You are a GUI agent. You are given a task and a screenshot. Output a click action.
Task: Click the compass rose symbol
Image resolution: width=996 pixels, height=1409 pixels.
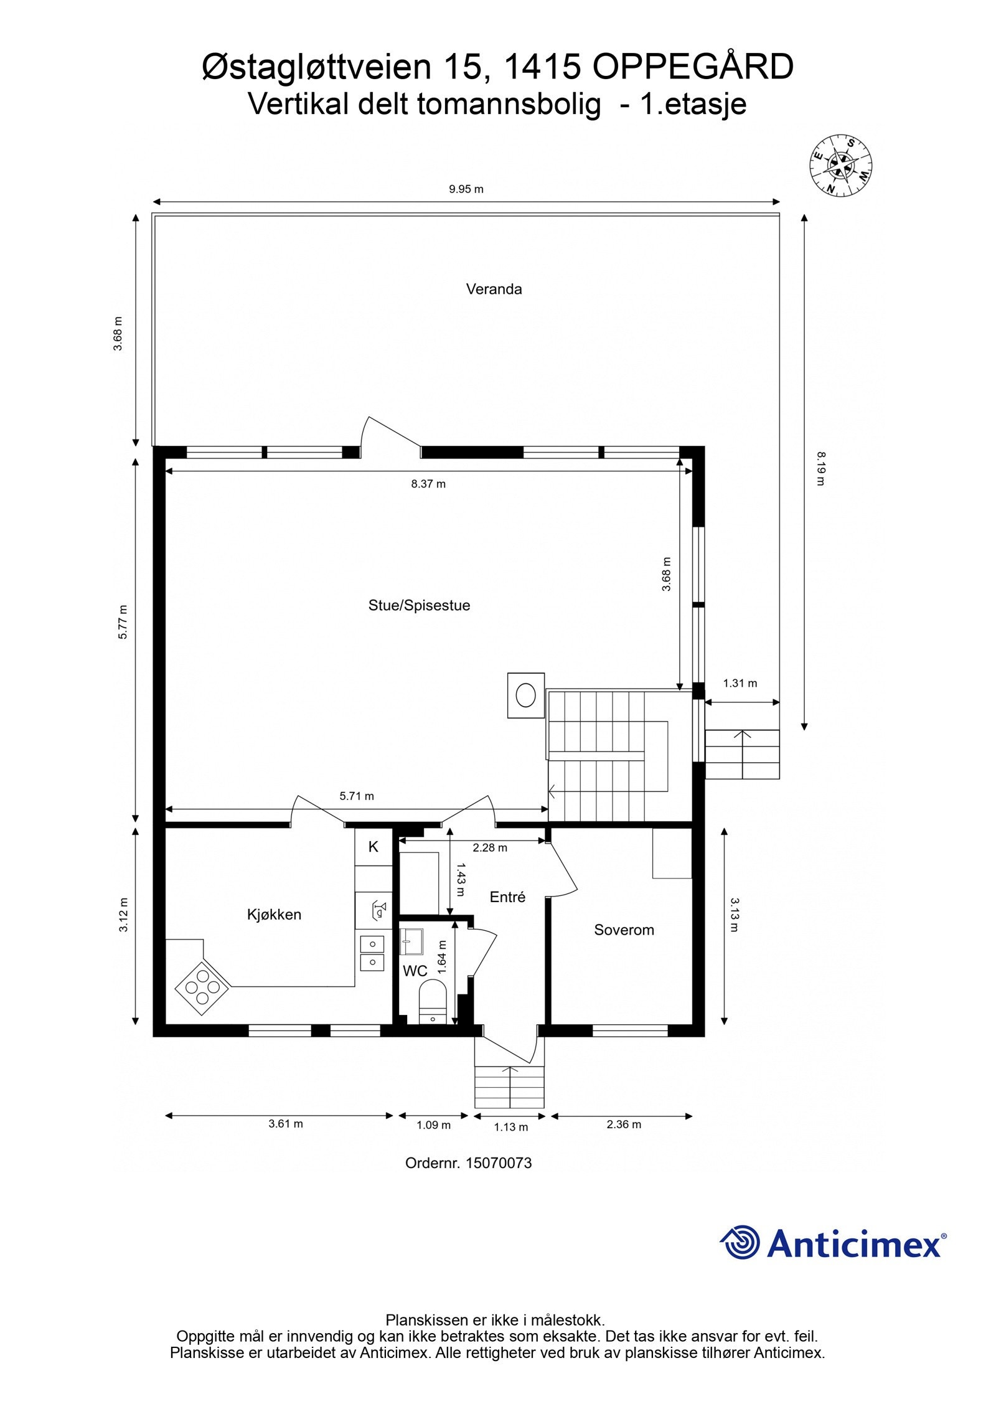coord(840,164)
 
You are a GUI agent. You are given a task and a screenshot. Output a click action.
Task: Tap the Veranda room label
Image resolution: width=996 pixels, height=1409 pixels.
coord(494,289)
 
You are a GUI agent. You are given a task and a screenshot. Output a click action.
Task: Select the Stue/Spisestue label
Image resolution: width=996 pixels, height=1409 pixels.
coord(419,605)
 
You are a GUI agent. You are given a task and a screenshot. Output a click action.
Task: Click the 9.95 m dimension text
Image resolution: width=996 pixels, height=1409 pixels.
coord(466,189)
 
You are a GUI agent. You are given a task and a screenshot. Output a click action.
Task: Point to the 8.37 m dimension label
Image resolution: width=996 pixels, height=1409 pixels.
coord(428,484)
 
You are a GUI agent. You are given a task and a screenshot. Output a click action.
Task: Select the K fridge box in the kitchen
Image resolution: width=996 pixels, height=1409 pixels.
coord(373,846)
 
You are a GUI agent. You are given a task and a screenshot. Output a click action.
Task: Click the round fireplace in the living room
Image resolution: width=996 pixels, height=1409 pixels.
coord(526,695)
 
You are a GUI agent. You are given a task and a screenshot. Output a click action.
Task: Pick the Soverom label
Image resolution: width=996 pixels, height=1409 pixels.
coord(624,930)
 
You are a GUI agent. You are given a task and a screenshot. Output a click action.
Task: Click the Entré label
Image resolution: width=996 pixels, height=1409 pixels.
coord(507,897)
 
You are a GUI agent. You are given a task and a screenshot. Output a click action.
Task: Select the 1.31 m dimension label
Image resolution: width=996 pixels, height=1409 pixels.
coord(740,683)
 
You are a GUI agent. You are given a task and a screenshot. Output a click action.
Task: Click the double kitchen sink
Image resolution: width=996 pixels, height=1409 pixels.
coord(372,953)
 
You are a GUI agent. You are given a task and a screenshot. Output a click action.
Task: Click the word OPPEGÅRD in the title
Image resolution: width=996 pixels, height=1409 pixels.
coord(692,68)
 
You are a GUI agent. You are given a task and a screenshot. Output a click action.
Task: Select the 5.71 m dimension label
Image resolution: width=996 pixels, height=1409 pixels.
coord(357,796)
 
